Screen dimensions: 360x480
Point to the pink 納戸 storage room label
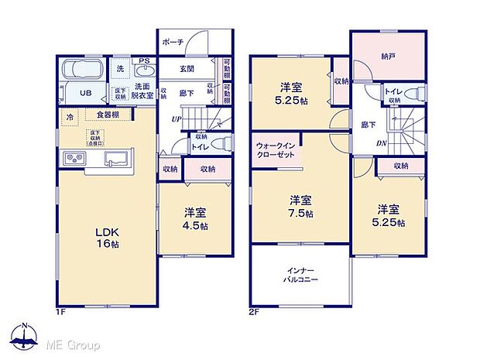[x=387, y=56]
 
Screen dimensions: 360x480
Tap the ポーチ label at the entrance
[x=173, y=43]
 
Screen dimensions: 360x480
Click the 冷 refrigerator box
[x=70, y=117]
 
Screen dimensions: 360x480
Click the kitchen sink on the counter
[x=116, y=159]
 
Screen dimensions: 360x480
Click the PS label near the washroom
[x=143, y=61]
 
